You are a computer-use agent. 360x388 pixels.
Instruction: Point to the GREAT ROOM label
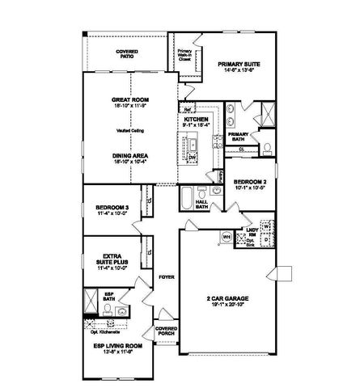tap(131, 102)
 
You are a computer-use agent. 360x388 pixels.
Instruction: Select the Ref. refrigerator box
tap(186, 107)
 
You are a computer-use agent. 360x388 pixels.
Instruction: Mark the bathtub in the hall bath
tap(187, 196)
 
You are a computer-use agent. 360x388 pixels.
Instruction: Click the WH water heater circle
tap(227, 237)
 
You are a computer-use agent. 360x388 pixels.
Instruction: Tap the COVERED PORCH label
tap(166, 331)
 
